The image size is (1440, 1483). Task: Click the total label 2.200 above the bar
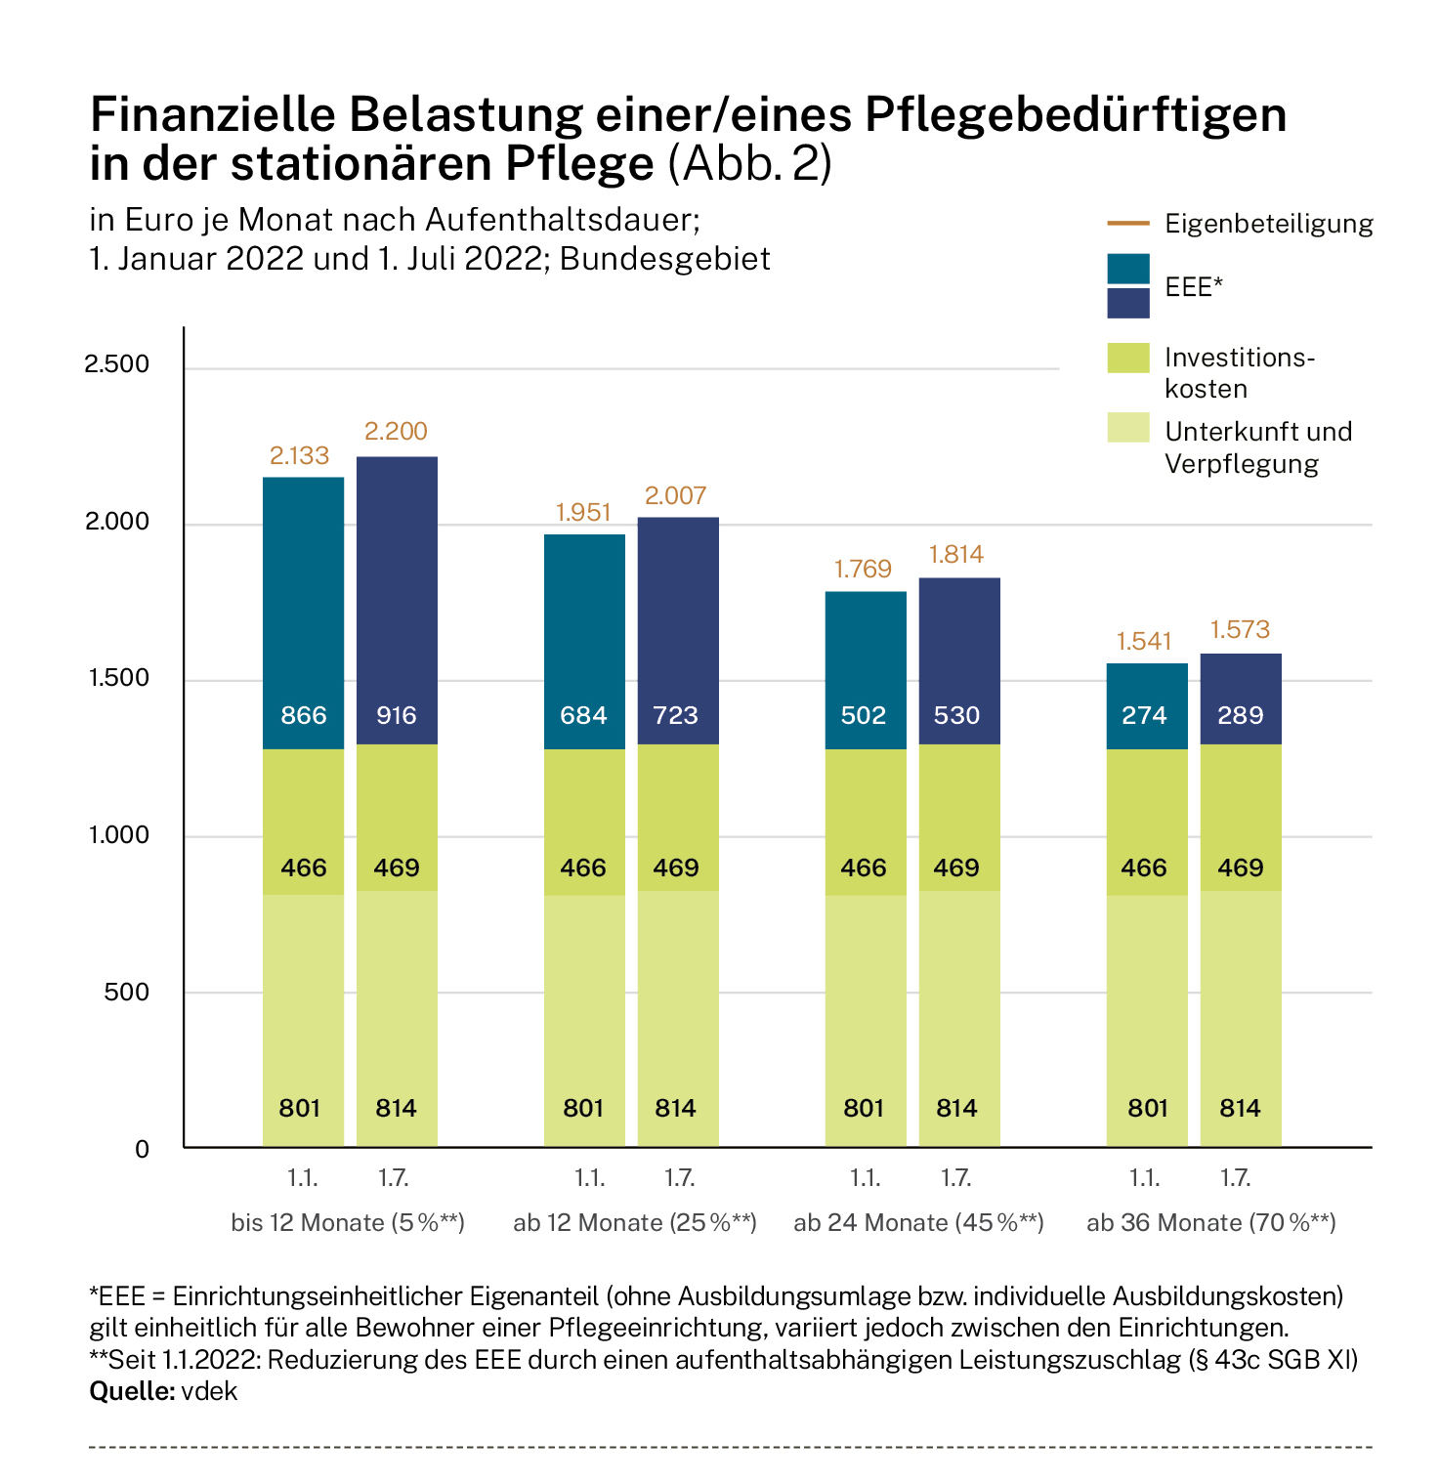[x=396, y=431]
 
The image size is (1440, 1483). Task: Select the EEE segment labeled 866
[x=303, y=614]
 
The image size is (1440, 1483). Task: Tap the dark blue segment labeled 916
[x=397, y=601]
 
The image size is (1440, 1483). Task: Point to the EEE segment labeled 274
[x=1147, y=706]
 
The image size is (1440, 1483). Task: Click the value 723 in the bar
[x=676, y=715]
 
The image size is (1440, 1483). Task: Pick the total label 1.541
[x=1144, y=641]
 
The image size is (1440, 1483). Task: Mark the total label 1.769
[x=863, y=569]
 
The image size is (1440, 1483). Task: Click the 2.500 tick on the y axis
[x=117, y=364]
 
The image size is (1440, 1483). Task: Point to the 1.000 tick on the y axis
[x=117, y=834]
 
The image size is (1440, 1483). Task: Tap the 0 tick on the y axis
[x=143, y=1149]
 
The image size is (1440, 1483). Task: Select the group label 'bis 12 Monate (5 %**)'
[x=348, y=1222]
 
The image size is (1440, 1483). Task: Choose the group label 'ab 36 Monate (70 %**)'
[x=1211, y=1222]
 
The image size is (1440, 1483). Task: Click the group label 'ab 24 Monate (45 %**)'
[x=919, y=1222]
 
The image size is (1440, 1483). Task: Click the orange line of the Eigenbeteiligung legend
[x=1128, y=224]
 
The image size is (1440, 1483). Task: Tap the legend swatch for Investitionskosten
[x=1128, y=358]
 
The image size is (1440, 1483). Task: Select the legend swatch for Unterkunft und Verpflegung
[x=1128, y=427]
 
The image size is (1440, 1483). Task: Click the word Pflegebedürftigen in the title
[x=1077, y=116]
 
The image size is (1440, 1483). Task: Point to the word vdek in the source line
[x=209, y=1390]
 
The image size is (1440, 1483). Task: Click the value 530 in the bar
[x=956, y=715]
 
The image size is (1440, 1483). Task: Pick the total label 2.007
[x=676, y=495]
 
